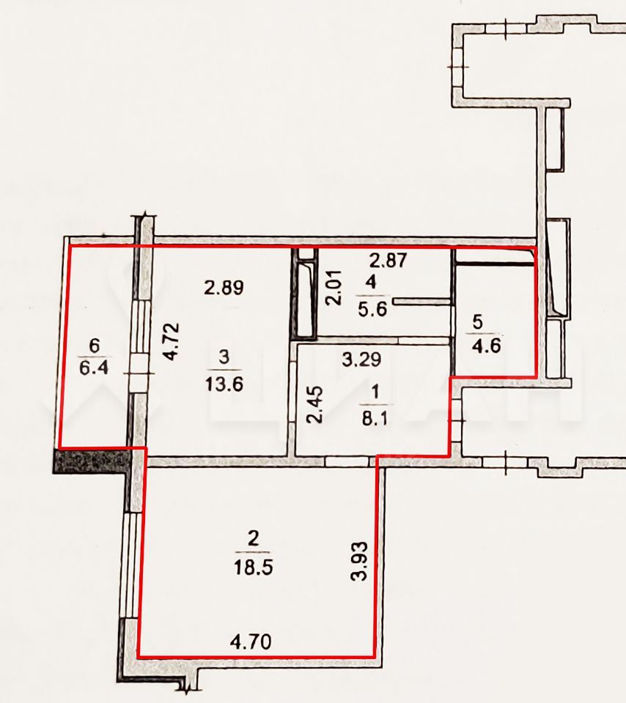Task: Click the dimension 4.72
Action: (x=172, y=342)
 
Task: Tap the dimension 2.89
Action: (x=224, y=287)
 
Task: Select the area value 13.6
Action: (x=224, y=384)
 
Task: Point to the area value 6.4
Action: (x=94, y=368)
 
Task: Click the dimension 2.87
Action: (x=389, y=261)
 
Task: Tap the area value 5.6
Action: (x=372, y=309)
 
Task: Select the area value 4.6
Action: (x=487, y=346)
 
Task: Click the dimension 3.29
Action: (x=361, y=359)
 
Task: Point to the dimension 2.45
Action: (x=314, y=405)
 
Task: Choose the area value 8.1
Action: (x=375, y=419)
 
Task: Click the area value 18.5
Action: (x=253, y=568)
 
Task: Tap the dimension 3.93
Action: (x=359, y=562)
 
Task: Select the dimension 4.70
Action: (x=251, y=642)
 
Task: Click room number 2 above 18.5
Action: (x=254, y=540)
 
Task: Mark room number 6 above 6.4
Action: (x=95, y=346)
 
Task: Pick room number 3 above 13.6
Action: (x=224, y=357)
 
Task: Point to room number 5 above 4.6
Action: (x=478, y=322)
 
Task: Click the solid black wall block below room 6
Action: (x=93, y=461)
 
